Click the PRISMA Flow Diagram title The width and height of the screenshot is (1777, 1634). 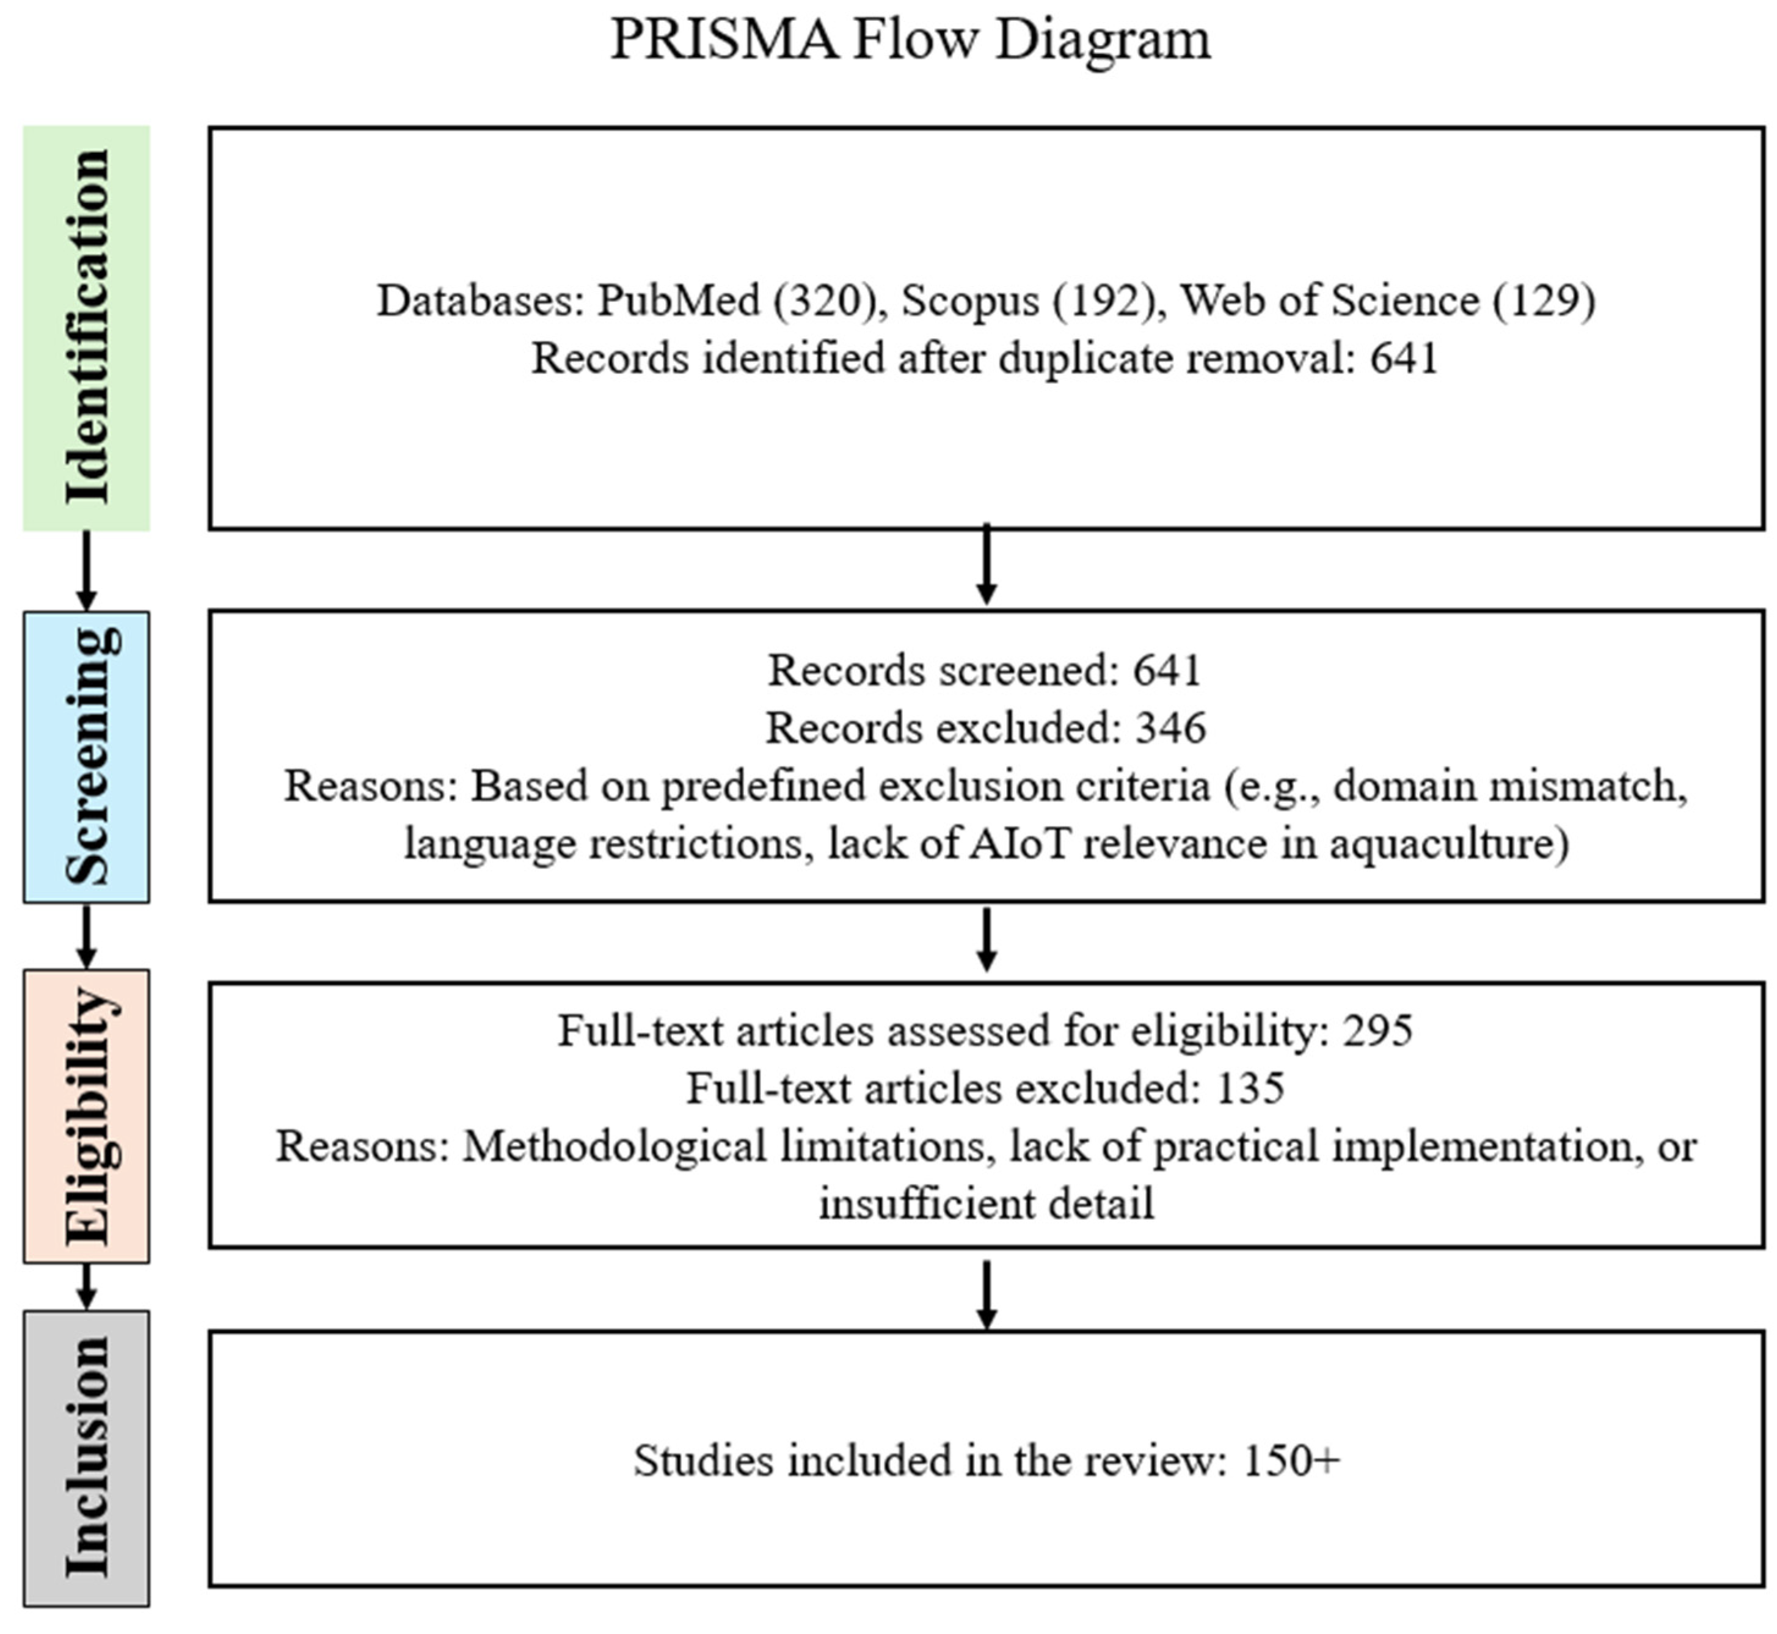[911, 40]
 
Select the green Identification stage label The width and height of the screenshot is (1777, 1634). [87, 328]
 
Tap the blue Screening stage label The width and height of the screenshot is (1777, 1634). [87, 756]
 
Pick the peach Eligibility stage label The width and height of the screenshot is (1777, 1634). [87, 1116]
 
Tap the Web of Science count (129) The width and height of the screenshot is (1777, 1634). [1544, 301]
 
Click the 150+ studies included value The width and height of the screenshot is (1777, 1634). [1291, 1461]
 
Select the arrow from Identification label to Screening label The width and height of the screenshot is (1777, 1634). [86, 571]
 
